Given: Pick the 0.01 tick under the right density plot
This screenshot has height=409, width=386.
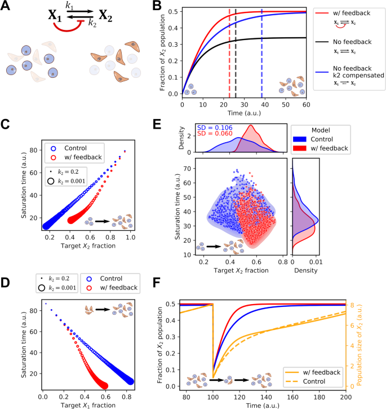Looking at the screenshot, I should point(314,262).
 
